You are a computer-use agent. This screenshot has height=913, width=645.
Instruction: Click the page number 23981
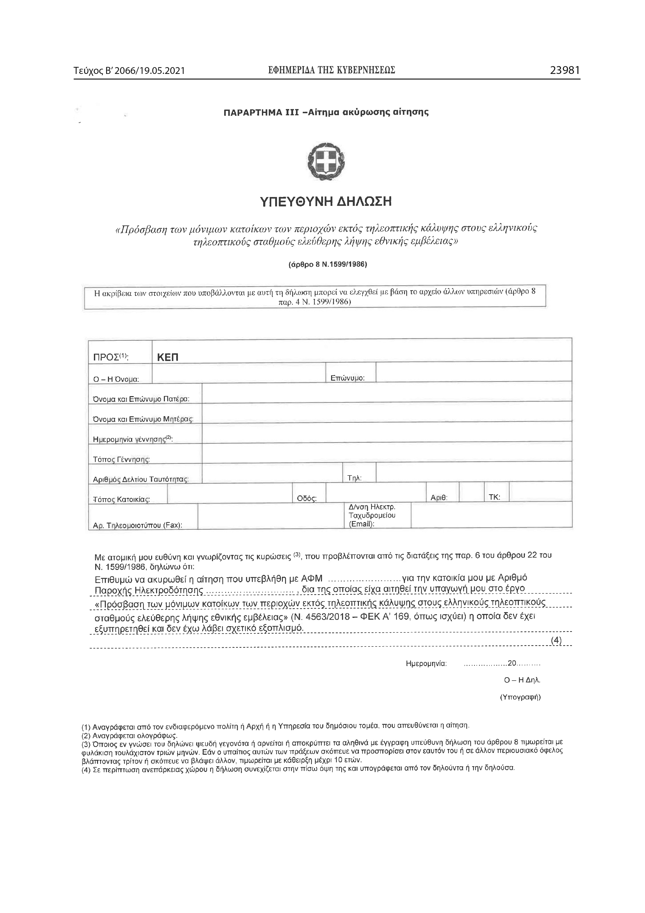[x=564, y=70]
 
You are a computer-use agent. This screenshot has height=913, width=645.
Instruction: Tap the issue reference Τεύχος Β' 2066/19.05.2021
[x=129, y=71]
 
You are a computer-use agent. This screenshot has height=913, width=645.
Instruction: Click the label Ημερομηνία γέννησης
[x=133, y=439]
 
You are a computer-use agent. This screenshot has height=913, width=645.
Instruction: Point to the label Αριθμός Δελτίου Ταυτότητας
[x=140, y=480]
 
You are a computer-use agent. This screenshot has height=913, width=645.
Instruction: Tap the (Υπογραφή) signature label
[x=520, y=697]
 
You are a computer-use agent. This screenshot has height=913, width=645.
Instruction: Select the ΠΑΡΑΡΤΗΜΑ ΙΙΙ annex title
[x=326, y=112]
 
